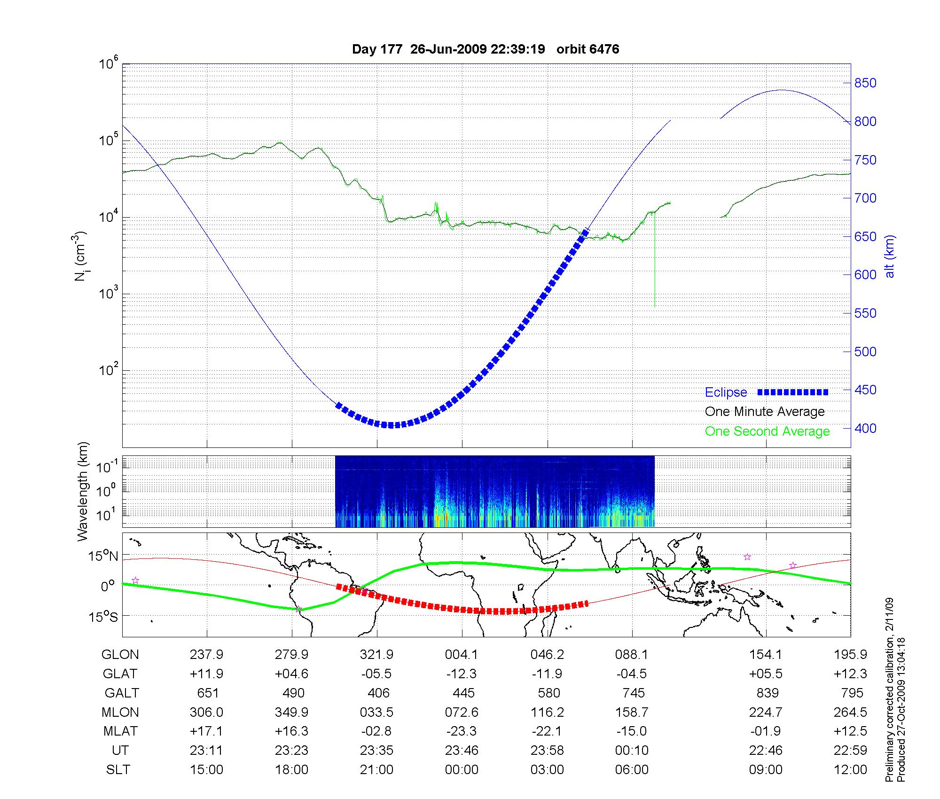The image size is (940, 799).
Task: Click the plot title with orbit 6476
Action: tap(486, 49)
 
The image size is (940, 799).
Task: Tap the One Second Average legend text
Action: tap(767, 431)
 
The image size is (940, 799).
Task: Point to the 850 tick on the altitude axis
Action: tap(865, 83)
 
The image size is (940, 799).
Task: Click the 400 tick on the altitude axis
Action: tap(865, 428)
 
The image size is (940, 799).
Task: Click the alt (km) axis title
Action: tap(890, 256)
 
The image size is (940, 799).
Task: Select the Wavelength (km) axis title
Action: tap(83, 492)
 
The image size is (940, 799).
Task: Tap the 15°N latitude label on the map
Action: tap(103, 556)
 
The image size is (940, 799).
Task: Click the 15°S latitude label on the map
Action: tap(103, 616)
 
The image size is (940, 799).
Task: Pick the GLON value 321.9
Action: tap(376, 655)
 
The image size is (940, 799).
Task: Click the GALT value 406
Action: tap(378, 693)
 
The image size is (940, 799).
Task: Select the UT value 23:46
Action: tap(462, 751)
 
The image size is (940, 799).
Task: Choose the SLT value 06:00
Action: tap(632, 770)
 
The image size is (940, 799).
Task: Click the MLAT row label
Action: tap(120, 731)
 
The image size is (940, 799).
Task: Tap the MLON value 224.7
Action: tap(766, 713)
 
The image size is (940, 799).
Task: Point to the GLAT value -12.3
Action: tap(462, 674)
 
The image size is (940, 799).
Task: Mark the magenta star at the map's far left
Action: tap(135, 580)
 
